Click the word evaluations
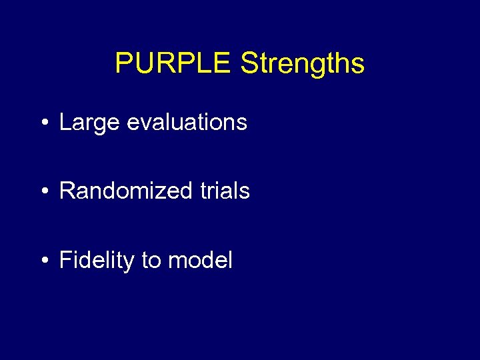click(x=186, y=122)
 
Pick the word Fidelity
click(x=97, y=260)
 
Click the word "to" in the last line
click(x=151, y=260)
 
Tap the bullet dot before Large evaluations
click(x=44, y=123)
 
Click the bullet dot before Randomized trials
click(x=44, y=192)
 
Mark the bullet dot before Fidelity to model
click(x=44, y=261)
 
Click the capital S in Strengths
click(x=249, y=63)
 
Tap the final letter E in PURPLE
click(x=223, y=63)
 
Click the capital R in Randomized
click(x=67, y=191)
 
